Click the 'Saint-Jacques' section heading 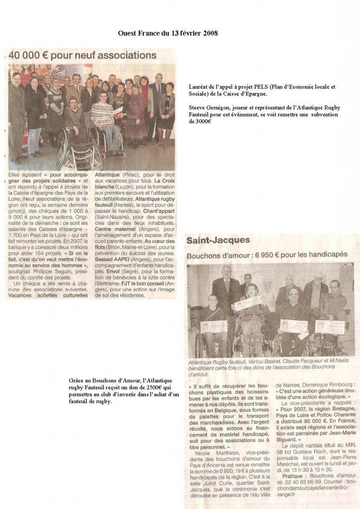pos(218,241)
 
